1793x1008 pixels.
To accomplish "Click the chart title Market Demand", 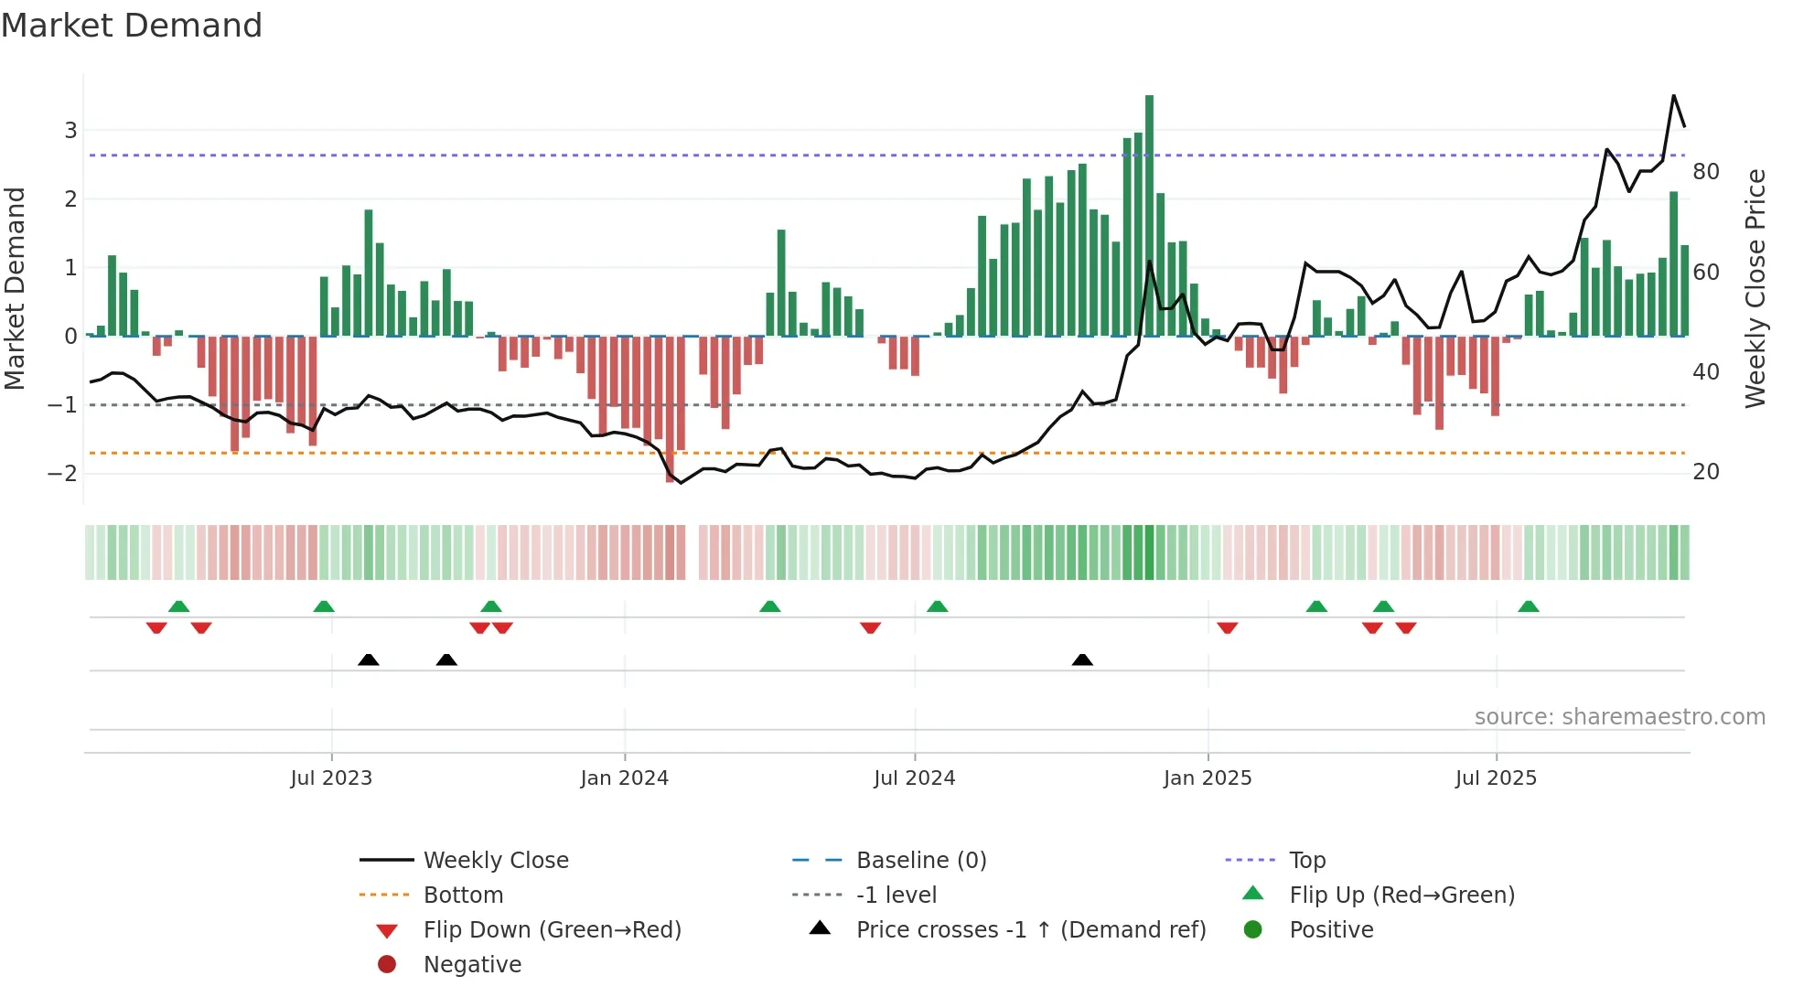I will [132, 26].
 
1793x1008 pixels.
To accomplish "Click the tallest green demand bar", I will [1149, 215].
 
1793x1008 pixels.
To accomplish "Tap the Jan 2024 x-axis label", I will [624, 778].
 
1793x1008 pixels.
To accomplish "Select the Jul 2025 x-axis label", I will [1496, 778].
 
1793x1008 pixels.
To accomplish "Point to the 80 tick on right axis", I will [1705, 172].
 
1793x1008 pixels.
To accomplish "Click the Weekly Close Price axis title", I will [1755, 288].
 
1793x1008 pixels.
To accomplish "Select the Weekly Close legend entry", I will [495, 861].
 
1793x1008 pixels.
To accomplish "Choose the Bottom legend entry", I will [463, 895].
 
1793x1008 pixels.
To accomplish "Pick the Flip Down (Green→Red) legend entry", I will [552, 930].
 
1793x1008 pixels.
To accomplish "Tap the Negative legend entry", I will [472, 965].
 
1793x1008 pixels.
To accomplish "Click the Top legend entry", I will [1306, 861].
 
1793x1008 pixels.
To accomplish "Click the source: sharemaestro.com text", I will [1619, 717].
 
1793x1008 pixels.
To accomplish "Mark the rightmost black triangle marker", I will [1082, 660].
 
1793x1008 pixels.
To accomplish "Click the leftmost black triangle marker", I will [368, 660].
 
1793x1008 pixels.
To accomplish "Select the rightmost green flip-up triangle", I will [1529, 606].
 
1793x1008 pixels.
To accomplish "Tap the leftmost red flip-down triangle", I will [156, 627].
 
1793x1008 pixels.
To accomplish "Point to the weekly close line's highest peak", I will [1674, 96].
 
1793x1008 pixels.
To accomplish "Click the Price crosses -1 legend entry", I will [1030, 930].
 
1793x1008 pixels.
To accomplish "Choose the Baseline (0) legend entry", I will [920, 861].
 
